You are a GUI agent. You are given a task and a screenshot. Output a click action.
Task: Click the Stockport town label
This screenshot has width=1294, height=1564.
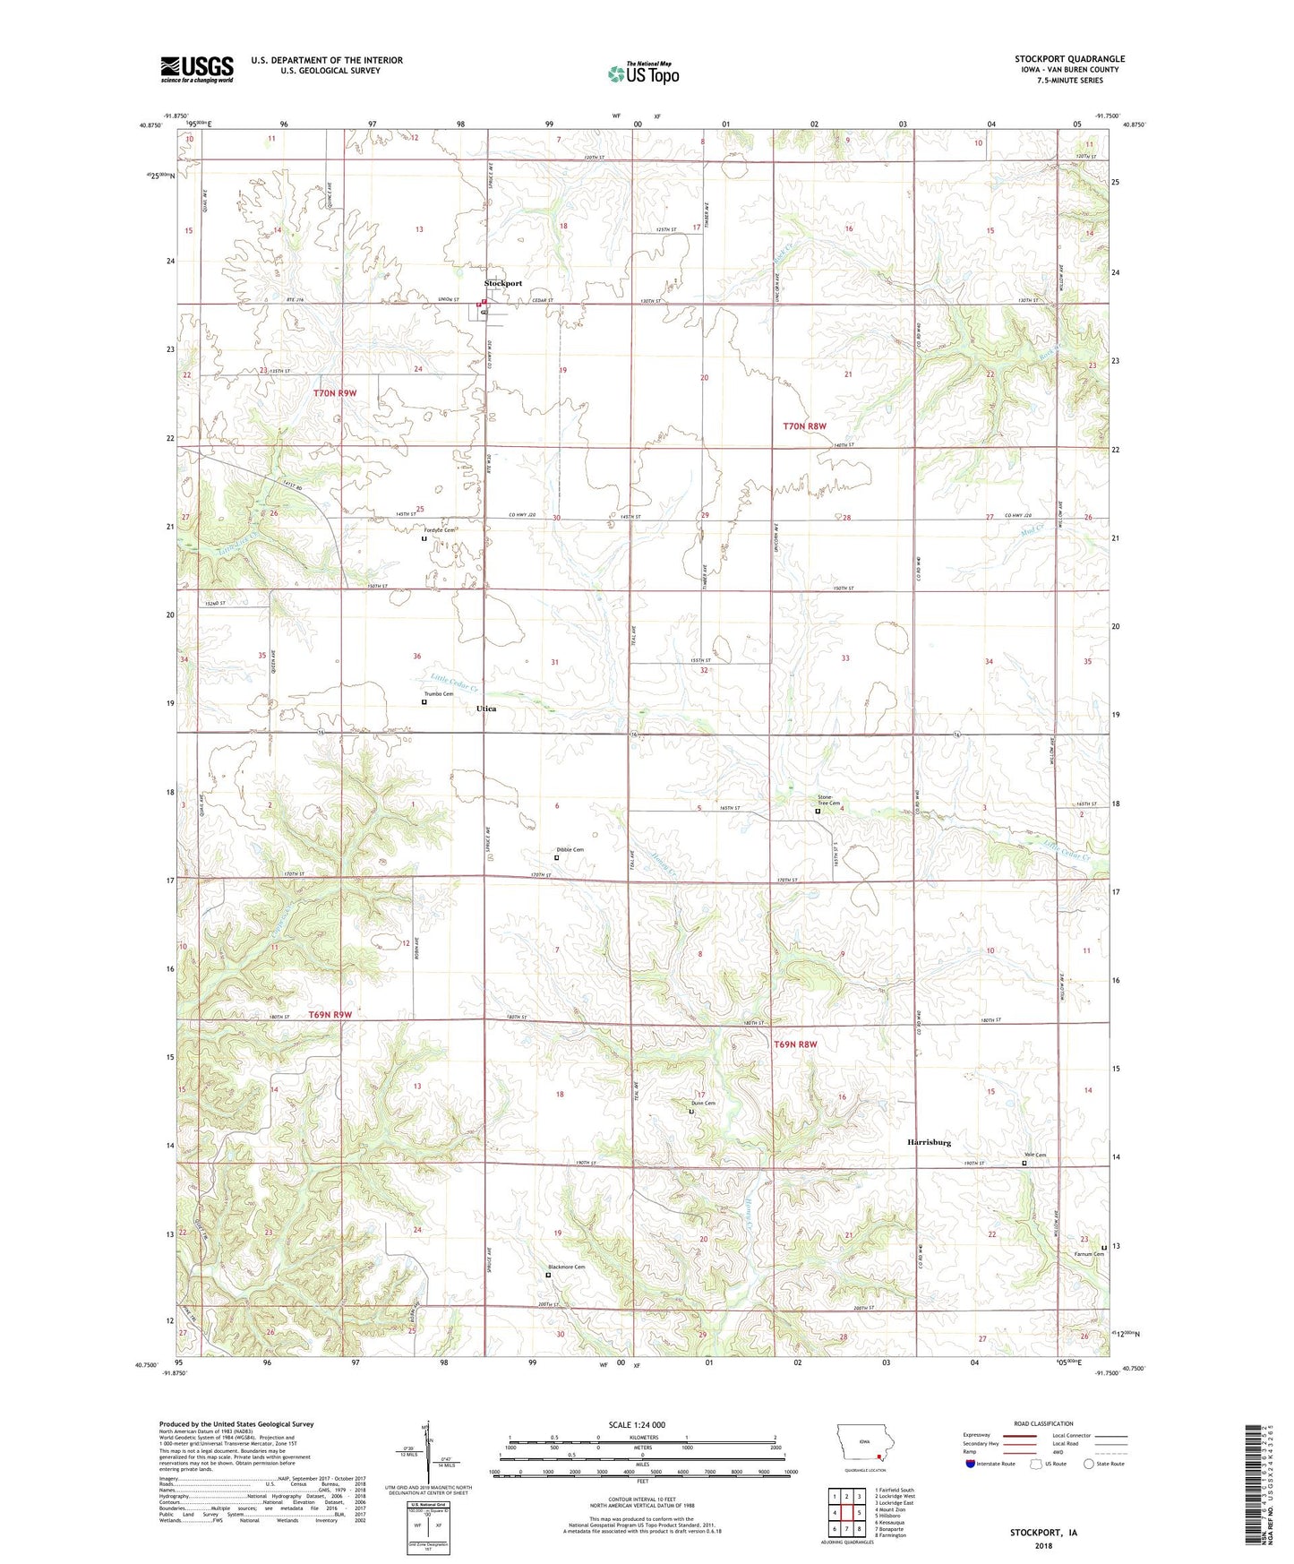click(502, 283)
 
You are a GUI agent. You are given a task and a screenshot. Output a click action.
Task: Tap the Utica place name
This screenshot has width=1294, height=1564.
click(486, 709)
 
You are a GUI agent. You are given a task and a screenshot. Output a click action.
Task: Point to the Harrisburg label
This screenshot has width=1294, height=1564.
click(929, 1142)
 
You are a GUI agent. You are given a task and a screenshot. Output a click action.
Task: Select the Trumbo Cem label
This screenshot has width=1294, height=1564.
click(439, 694)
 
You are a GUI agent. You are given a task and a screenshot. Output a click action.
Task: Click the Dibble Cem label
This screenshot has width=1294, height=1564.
click(570, 849)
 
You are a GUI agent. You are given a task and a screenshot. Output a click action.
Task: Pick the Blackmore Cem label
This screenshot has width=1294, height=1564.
click(566, 1267)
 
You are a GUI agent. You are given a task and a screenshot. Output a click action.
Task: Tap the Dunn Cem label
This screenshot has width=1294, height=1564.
click(703, 1103)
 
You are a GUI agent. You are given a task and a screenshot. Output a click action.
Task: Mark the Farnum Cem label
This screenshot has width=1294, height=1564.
click(1090, 1254)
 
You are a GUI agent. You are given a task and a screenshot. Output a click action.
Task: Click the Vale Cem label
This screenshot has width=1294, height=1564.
click(1035, 1155)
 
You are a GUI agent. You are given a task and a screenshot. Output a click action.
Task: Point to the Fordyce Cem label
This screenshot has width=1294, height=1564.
click(439, 530)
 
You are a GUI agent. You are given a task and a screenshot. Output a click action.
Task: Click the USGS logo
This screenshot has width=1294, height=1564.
click(197, 68)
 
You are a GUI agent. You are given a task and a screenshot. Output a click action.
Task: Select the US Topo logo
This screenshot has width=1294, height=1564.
click(643, 73)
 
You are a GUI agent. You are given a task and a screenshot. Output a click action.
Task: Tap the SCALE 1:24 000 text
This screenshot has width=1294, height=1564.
click(637, 1425)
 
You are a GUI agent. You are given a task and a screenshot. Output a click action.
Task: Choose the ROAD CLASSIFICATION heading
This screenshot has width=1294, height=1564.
click(1043, 1423)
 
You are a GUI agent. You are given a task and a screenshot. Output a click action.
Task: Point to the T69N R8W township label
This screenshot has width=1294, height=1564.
click(795, 1044)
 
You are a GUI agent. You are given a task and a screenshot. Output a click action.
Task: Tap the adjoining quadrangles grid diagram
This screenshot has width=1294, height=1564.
click(845, 1513)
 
